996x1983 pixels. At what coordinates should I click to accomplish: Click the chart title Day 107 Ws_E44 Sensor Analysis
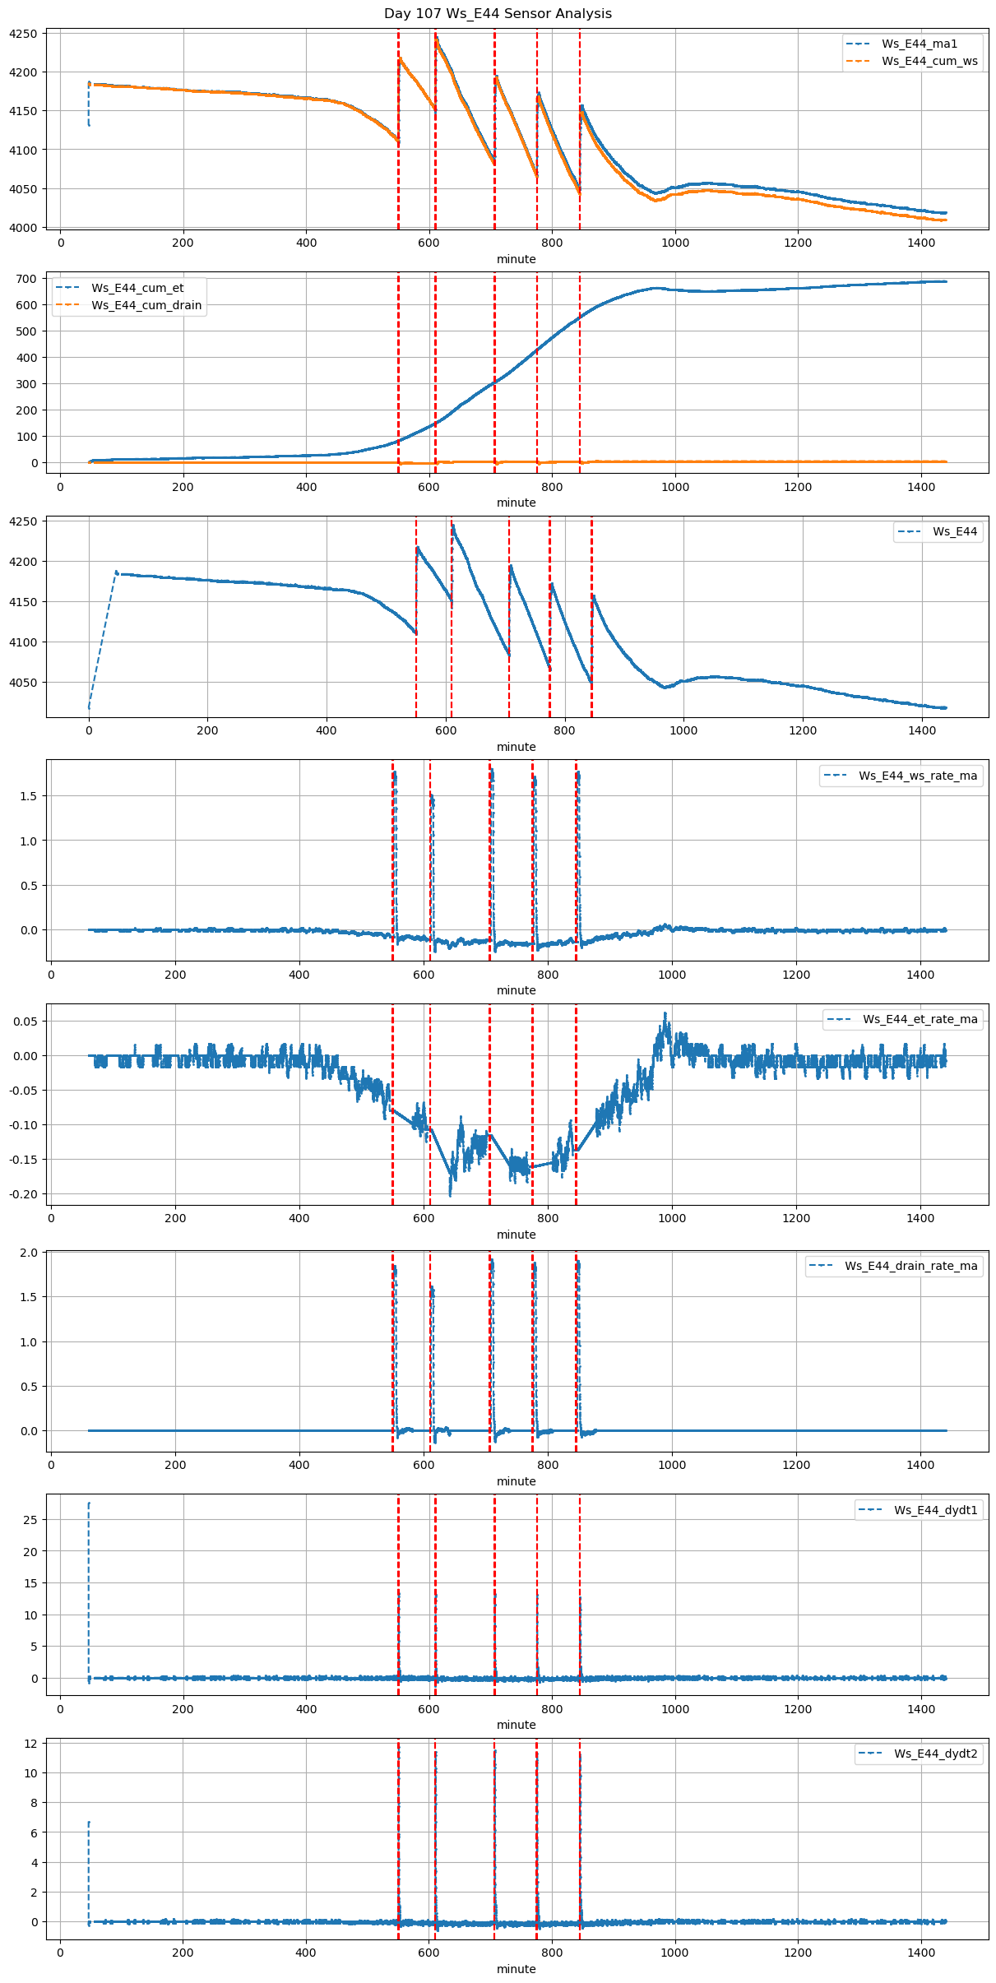pos(498,13)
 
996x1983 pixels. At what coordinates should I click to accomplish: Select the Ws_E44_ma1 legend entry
pos(920,44)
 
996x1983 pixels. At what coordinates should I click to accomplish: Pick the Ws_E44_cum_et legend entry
pos(137,288)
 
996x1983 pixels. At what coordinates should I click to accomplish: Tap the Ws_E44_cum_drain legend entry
pos(146,305)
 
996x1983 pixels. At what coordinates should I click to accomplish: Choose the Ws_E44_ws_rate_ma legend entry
pos(918,776)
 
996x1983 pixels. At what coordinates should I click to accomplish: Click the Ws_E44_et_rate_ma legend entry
pos(920,1019)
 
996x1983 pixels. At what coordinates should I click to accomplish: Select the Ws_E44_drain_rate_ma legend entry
pos(910,1266)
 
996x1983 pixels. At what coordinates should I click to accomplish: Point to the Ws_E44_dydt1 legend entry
pos(936,1510)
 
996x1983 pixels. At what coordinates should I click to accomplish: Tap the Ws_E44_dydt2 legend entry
pos(936,1754)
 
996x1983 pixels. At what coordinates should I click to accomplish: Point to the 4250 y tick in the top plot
pos(23,34)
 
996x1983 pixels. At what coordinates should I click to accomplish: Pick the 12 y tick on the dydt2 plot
pos(30,1744)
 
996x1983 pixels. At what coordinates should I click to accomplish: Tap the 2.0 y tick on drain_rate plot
pos(30,1253)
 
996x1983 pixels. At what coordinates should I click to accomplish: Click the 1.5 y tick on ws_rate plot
pos(30,796)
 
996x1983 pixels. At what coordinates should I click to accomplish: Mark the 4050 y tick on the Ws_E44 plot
pos(23,683)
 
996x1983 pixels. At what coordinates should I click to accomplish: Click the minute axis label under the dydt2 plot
pos(516,1969)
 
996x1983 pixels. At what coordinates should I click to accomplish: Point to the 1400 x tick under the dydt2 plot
pos(920,1952)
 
